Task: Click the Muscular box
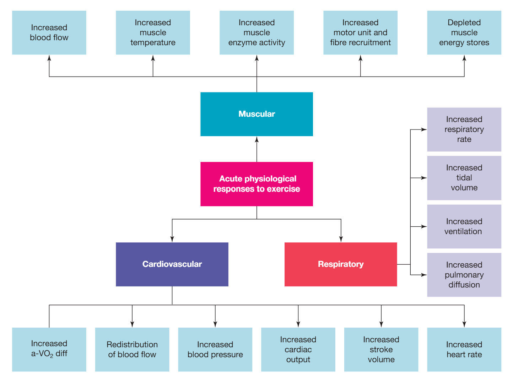pyautogui.click(x=256, y=114)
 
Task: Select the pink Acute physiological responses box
pyautogui.click(x=256, y=184)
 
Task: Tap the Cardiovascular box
pyautogui.click(x=172, y=264)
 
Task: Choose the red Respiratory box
pyautogui.click(x=341, y=264)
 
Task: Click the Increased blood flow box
pyautogui.click(x=49, y=32)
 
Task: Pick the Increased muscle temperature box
pyautogui.click(x=153, y=32)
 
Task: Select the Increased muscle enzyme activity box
pyautogui.click(x=256, y=32)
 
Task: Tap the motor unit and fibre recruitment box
pyautogui.click(x=360, y=32)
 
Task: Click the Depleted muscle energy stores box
pyautogui.click(x=464, y=32)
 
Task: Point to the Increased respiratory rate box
pyautogui.click(x=464, y=130)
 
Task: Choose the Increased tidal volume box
pyautogui.click(x=464, y=178)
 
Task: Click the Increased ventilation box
pyautogui.click(x=464, y=226)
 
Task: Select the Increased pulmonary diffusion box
pyautogui.click(x=464, y=275)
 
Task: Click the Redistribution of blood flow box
pyautogui.click(x=132, y=349)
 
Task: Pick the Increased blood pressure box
pyautogui.click(x=215, y=349)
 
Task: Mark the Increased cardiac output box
pyautogui.click(x=298, y=349)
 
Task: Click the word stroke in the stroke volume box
pyautogui.click(x=381, y=349)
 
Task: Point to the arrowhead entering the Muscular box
pyautogui.click(x=256, y=140)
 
